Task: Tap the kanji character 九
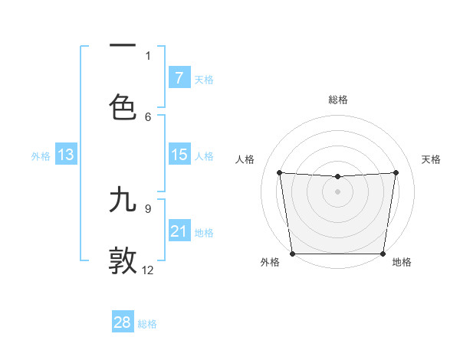click(x=123, y=199)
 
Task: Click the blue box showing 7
click(x=179, y=77)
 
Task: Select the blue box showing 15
click(x=179, y=155)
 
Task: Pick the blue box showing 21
click(x=179, y=231)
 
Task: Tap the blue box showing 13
click(x=66, y=155)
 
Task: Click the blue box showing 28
click(x=123, y=322)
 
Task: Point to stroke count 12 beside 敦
click(x=148, y=270)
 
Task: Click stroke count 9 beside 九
click(x=148, y=208)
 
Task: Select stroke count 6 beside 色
click(x=148, y=116)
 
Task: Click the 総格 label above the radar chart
click(x=338, y=100)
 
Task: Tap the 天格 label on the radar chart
click(x=431, y=159)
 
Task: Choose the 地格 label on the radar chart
click(x=402, y=263)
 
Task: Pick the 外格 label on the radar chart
click(x=270, y=263)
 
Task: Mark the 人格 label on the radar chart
click(x=245, y=159)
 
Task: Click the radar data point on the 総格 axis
click(x=337, y=177)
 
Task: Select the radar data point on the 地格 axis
click(x=383, y=254)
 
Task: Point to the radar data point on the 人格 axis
click(x=280, y=172)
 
